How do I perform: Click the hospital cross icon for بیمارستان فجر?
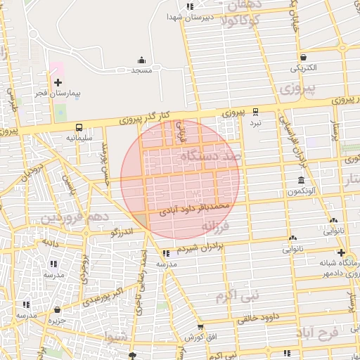pyautogui.click(x=58, y=83)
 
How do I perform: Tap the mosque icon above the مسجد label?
pyautogui.click(x=141, y=60)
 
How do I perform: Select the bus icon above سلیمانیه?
pyautogui.click(x=78, y=128)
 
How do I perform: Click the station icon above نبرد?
pyautogui.click(x=255, y=111)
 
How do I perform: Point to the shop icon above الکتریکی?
pyautogui.click(x=303, y=58)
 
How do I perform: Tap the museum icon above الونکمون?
pyautogui.click(x=301, y=181)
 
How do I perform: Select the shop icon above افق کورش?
pyautogui.click(x=200, y=327)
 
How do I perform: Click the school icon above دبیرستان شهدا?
pyautogui.click(x=190, y=6)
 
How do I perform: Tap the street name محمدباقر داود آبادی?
pyautogui.click(x=193, y=209)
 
